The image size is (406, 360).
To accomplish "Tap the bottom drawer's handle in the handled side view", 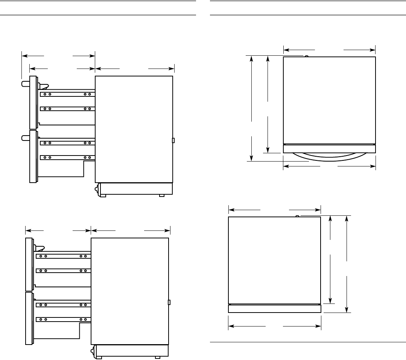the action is pos(25,138).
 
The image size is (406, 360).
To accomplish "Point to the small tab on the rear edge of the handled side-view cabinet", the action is pos(173,140).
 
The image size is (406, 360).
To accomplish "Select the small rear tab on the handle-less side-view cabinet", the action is pos(169,302).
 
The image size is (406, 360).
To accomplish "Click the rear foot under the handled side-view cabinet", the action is pos(161,196).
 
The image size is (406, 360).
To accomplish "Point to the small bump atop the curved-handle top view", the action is pos(307,56).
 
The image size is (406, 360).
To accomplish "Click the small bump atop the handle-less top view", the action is pos(297,216).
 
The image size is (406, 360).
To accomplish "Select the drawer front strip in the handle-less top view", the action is pos(275,309).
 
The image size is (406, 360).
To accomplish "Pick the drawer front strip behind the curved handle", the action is pos(329,149).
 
